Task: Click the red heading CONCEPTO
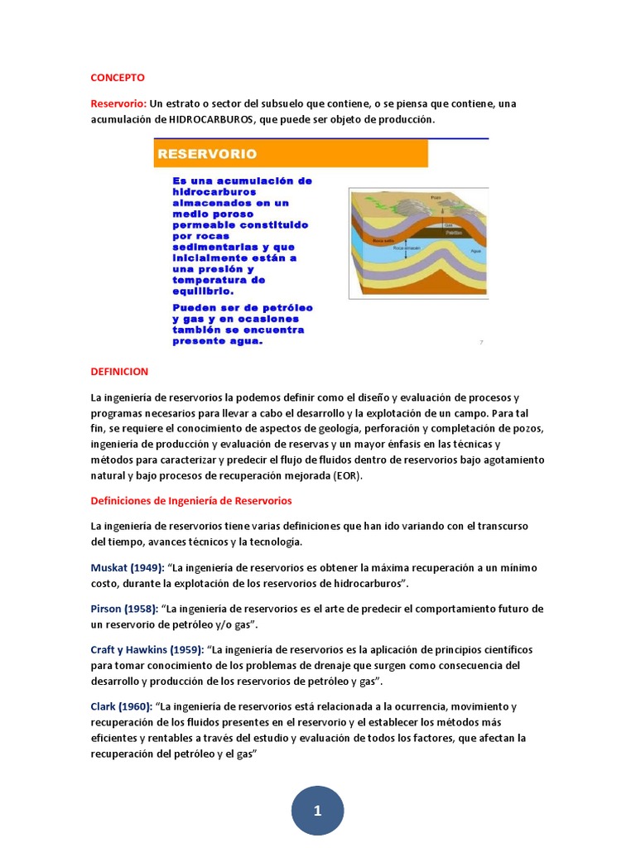pos(118,78)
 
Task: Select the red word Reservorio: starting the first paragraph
pos(118,104)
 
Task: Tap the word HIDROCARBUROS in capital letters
pos(213,119)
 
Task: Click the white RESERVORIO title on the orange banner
pos(207,153)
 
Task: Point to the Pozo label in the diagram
pos(436,197)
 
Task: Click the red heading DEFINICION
pos(119,372)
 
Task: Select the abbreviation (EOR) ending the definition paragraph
pos(348,476)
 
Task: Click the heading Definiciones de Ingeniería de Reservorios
pos(191,501)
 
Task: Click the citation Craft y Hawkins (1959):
pos(147,650)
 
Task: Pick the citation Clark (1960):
pos(121,706)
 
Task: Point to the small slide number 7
pos(481,341)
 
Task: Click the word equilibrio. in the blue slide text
pos(203,291)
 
